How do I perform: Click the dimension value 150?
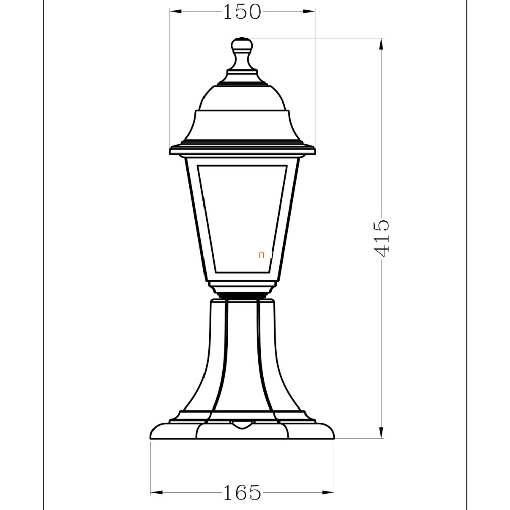click(x=242, y=12)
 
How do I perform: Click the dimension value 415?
click(x=381, y=238)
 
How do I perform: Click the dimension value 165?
click(x=242, y=492)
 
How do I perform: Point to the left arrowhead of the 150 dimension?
click(x=176, y=12)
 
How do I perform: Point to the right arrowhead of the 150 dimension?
click(x=309, y=12)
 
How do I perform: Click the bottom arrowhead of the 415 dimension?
click(x=381, y=432)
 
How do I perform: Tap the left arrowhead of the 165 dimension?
click(x=157, y=492)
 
